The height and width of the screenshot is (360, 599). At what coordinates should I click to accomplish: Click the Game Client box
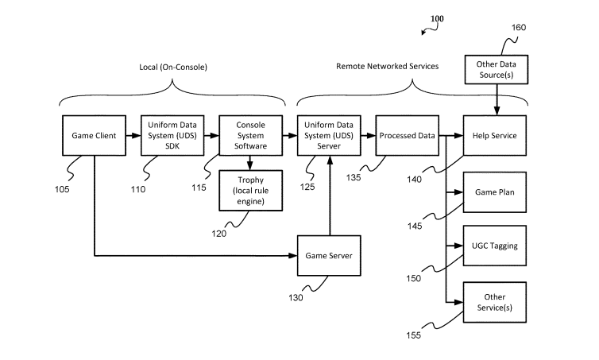tap(95, 135)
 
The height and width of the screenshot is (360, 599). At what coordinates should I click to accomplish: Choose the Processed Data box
tap(406, 135)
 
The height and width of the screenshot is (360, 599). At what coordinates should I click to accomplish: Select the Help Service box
tap(496, 135)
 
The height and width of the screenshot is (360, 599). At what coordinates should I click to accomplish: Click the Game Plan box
tap(496, 192)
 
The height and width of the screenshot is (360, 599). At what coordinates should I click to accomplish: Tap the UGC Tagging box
tap(496, 246)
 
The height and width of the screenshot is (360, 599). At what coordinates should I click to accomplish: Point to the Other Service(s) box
tap(496, 301)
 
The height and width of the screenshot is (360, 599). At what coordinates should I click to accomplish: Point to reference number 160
tap(518, 27)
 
